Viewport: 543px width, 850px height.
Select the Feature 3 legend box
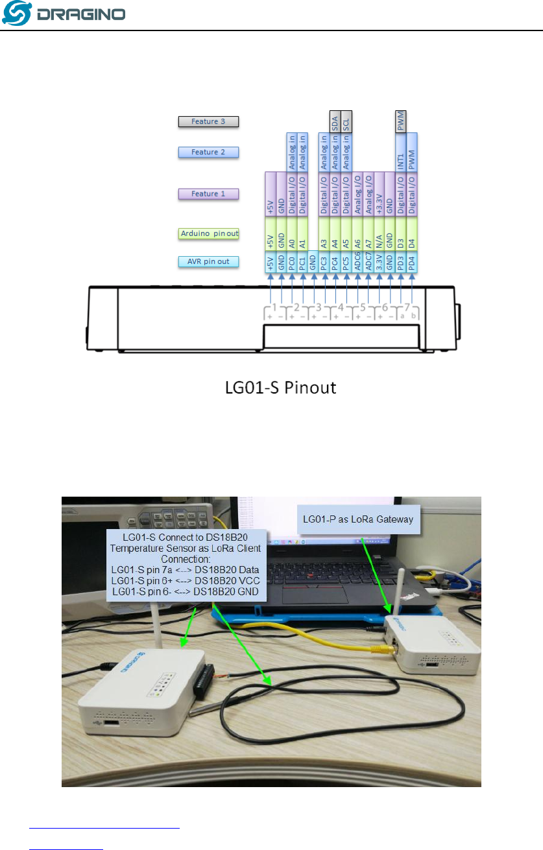click(x=209, y=121)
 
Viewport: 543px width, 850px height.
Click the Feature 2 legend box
click(x=209, y=152)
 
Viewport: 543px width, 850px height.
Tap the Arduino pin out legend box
click(x=209, y=233)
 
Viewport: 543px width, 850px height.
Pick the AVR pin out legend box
click(x=209, y=262)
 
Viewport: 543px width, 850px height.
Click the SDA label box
click(x=335, y=121)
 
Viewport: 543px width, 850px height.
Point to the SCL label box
click(x=346, y=121)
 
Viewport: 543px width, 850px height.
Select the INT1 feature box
click(x=400, y=153)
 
